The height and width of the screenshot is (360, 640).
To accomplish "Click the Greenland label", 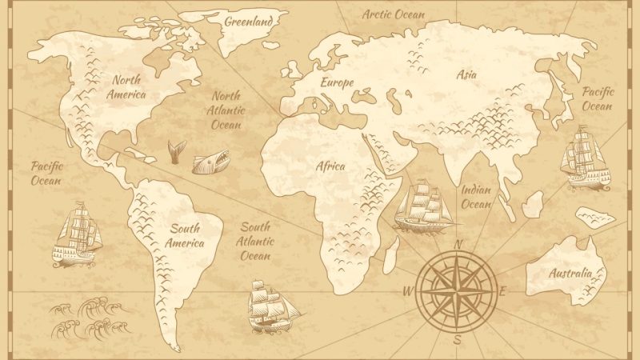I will click(248, 21).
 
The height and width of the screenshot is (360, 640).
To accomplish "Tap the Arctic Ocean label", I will click(393, 14).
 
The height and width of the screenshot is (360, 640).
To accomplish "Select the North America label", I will click(127, 87).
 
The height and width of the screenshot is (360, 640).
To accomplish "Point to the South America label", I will click(183, 234).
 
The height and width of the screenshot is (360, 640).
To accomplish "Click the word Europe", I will click(337, 82).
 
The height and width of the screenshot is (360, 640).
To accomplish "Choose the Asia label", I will click(466, 75).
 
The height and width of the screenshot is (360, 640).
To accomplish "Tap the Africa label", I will click(330, 166).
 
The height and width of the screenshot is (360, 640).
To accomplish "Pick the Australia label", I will click(570, 273).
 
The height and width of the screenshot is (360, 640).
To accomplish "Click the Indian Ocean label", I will click(478, 198).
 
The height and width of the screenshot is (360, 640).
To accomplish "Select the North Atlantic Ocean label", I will click(226, 110).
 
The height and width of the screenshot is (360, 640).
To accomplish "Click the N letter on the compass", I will click(458, 245).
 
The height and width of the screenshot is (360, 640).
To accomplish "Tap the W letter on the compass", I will click(409, 290).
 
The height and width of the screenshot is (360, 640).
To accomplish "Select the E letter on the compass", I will click(503, 290).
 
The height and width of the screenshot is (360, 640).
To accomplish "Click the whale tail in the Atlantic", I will click(176, 151).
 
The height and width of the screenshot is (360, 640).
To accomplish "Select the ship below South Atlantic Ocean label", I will click(270, 306).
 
